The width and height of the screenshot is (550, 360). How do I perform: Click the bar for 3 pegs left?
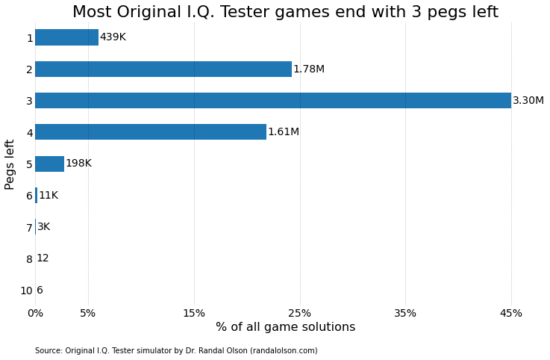point(272,101)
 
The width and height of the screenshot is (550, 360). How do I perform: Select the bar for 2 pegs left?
point(163,69)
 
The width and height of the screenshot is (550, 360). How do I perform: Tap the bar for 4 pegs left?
point(150,132)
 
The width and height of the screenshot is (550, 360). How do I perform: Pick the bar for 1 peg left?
point(66,37)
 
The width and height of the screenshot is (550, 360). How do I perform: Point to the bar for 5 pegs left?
point(49,164)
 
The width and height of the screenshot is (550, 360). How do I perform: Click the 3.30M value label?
point(528,101)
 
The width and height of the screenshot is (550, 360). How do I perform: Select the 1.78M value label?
point(308,69)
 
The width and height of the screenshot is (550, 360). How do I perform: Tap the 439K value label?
point(113,37)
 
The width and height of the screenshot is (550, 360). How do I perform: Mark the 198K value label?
point(78,164)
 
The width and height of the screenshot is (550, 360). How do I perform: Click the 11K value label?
point(48,196)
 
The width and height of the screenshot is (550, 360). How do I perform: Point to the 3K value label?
point(43,227)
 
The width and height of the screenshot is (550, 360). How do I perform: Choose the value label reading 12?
point(43,258)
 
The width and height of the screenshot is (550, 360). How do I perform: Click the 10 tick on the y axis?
point(26,291)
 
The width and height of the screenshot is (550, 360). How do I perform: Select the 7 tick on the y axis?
point(29,228)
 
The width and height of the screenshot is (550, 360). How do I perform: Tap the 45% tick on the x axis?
point(510,314)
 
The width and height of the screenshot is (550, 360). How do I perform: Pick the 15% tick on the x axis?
point(194,314)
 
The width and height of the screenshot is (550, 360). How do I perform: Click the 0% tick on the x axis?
point(35,314)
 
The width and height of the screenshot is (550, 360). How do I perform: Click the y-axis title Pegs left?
point(10,164)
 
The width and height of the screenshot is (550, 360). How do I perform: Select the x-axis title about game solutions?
point(285,327)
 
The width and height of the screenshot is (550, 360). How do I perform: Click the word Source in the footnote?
point(49,351)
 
